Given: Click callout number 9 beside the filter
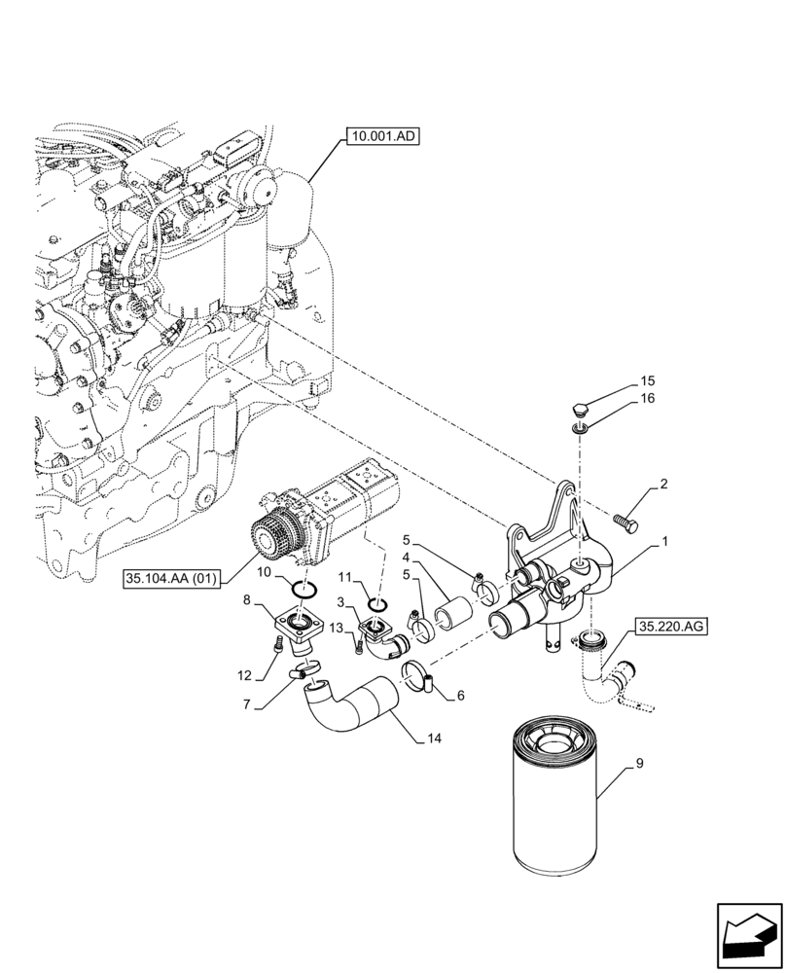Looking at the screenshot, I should [x=639, y=765].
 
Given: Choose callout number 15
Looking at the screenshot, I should [x=647, y=379].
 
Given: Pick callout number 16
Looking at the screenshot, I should [x=647, y=399].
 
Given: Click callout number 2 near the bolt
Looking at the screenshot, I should [x=663, y=484].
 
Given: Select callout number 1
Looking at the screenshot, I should [x=664, y=541].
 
